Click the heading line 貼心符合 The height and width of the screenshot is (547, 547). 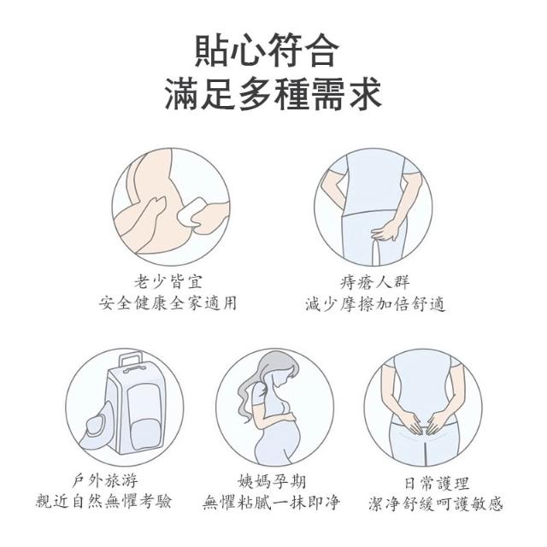click(x=267, y=50)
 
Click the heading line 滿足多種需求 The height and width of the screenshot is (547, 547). click(x=273, y=93)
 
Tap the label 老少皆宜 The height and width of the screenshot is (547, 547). click(x=168, y=281)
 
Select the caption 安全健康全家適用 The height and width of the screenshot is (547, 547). click(x=168, y=303)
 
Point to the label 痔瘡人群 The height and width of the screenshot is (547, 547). click(x=374, y=282)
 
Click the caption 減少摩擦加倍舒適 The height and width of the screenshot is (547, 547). click(x=375, y=303)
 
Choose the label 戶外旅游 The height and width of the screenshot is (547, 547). click(x=105, y=481)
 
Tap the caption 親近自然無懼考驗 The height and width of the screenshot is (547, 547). click(x=104, y=502)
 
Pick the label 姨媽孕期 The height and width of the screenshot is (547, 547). click(x=272, y=482)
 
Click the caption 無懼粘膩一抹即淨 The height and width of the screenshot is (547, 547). click(x=272, y=503)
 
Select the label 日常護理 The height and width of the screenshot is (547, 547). click(x=437, y=483)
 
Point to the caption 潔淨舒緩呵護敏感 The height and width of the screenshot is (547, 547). click(x=436, y=503)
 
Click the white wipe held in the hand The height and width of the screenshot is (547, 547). click(x=191, y=211)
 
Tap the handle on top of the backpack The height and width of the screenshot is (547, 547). click(x=131, y=360)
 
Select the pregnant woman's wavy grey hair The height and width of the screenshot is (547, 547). click(x=259, y=378)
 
